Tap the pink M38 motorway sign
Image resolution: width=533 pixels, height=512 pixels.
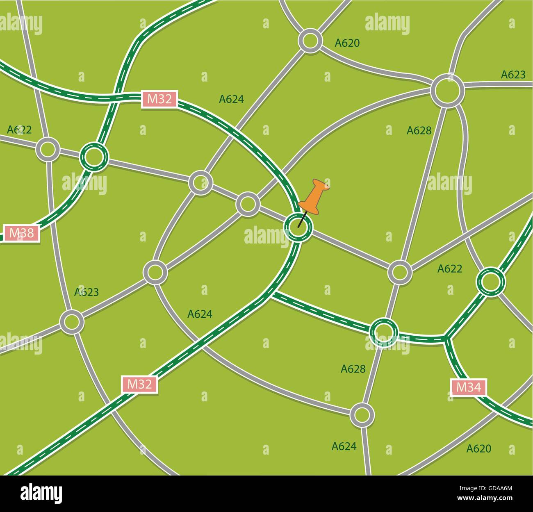pos(21,233)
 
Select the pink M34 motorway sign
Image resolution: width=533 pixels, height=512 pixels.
pos(469,387)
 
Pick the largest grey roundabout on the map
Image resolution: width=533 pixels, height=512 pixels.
pos(447,91)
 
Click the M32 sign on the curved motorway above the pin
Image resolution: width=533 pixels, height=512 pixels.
pos(159,99)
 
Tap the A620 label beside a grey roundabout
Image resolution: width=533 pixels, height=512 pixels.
pos(347,43)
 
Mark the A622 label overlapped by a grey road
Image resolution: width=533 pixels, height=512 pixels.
pos(19,130)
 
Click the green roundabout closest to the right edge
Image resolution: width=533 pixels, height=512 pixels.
pos(490,282)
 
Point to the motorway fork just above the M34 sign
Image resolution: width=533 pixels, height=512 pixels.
pos(446,338)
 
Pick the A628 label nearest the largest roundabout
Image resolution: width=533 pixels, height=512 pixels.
pos(419,130)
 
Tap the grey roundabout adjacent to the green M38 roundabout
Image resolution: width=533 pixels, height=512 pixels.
pos(48,149)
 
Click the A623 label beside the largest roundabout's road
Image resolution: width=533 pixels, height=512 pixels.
pos(513,75)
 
